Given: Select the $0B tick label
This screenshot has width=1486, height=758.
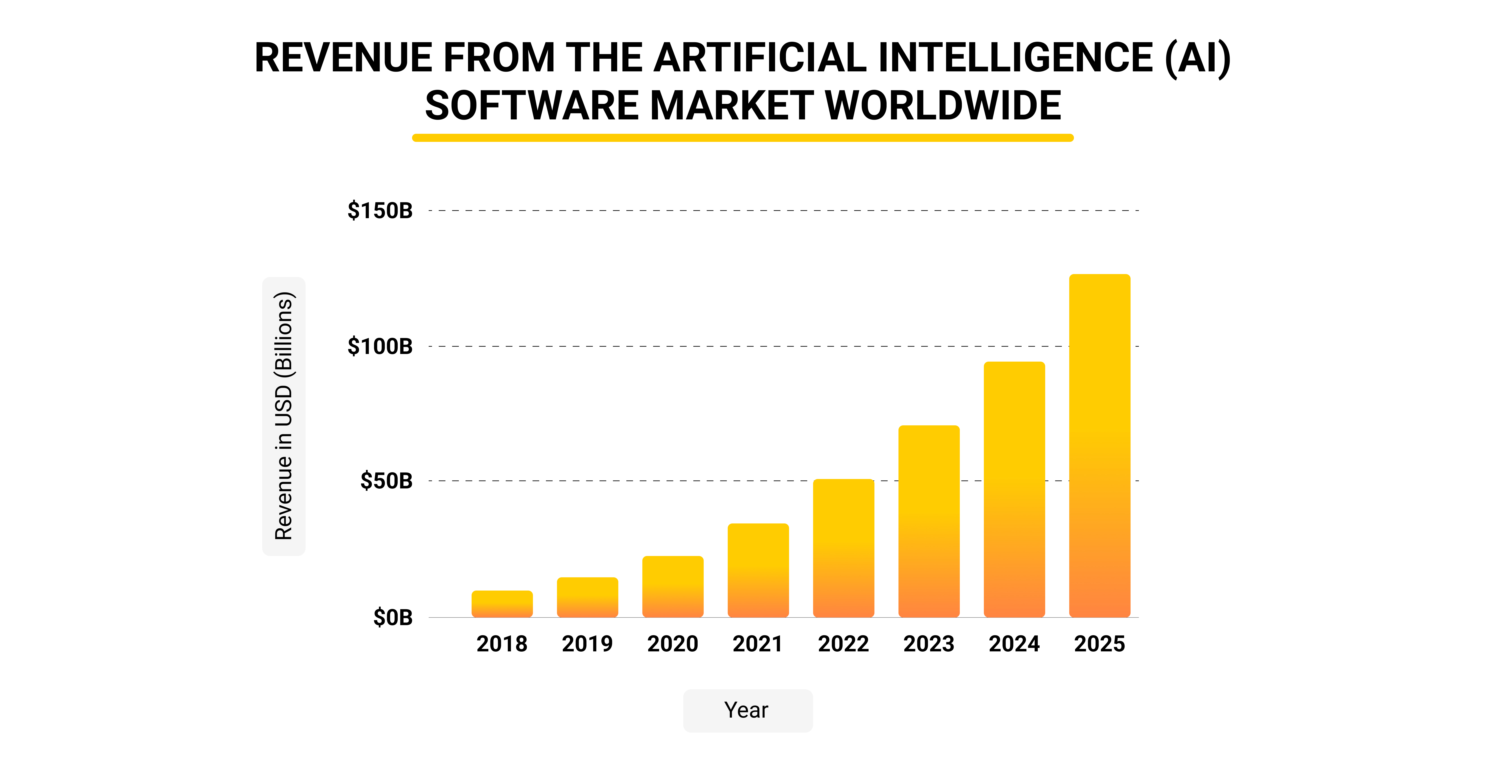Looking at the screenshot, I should click(393, 617).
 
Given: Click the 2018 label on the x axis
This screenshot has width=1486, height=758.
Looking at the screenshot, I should click(502, 644).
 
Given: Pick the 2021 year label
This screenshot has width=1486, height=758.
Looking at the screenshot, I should click(758, 644).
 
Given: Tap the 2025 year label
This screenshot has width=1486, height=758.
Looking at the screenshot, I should click(1100, 644).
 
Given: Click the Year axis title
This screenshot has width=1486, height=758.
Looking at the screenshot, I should click(747, 710).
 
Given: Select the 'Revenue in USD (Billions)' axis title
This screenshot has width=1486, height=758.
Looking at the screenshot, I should click(284, 416).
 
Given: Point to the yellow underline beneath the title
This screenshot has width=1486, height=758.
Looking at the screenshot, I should click(742, 138).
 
